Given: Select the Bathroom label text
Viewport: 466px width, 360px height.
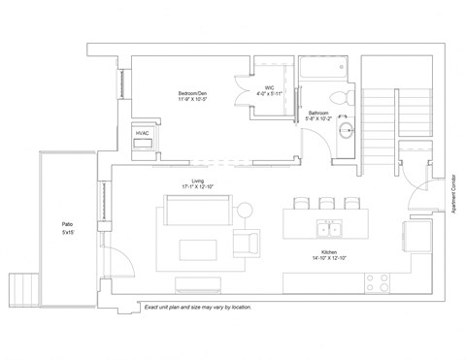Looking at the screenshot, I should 319,115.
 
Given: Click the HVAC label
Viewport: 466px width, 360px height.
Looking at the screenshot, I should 142,131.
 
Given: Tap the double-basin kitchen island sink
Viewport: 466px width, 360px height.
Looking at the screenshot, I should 329,229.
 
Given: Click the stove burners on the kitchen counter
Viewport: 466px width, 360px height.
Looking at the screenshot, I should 378,282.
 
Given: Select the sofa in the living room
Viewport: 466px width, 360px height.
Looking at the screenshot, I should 197,209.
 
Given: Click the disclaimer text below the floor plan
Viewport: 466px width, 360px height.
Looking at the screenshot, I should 197,307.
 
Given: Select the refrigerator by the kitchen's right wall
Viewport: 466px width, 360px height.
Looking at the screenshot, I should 416,235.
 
